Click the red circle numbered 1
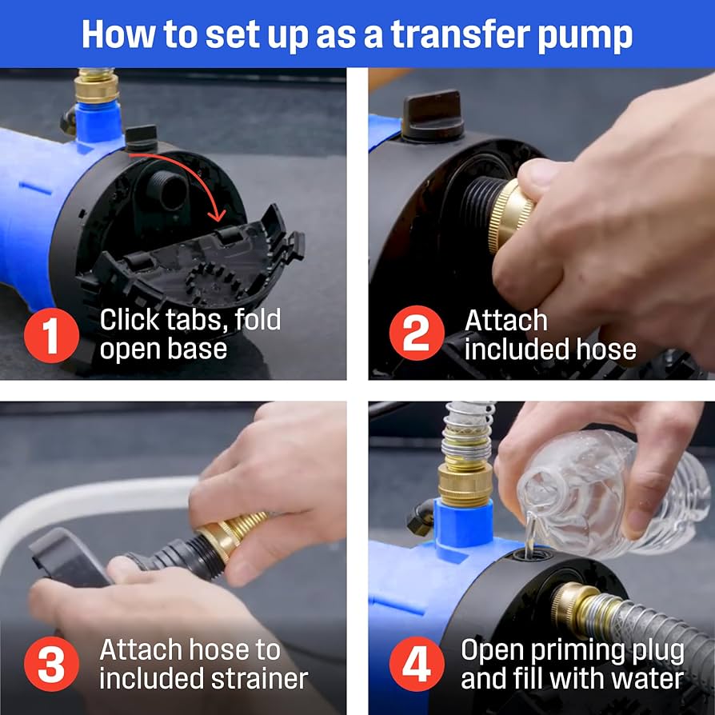(x=51, y=335)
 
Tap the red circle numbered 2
(x=417, y=333)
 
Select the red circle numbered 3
(x=51, y=664)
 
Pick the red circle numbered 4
(x=417, y=664)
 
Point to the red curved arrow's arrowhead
(x=218, y=213)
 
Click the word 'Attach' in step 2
(x=505, y=320)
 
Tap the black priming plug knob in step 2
(x=432, y=114)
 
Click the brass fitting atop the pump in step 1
(x=96, y=86)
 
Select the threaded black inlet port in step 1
(x=167, y=190)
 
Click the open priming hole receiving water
(x=532, y=556)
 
